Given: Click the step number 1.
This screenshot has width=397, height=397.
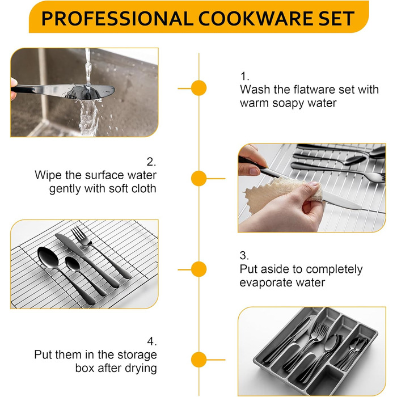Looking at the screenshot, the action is pyautogui.click(x=244, y=76).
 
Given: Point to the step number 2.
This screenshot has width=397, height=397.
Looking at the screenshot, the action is pyautogui.click(x=151, y=162).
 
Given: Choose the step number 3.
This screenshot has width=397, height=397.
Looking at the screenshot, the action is pyautogui.click(x=244, y=255).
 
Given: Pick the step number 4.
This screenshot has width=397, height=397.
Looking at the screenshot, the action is pyautogui.click(x=151, y=341).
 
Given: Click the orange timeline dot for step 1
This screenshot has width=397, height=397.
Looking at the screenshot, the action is pyautogui.click(x=198, y=88).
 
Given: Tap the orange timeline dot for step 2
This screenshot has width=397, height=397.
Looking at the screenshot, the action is pyautogui.click(x=198, y=178).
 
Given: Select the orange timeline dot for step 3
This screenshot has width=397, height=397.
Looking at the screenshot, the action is pyautogui.click(x=198, y=269).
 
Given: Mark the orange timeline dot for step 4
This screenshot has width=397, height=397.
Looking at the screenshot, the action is pyautogui.click(x=198, y=360).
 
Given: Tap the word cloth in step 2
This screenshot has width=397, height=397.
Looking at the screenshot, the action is pyautogui.click(x=143, y=188).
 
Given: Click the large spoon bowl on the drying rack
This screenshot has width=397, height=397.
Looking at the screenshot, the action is pyautogui.click(x=48, y=257).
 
